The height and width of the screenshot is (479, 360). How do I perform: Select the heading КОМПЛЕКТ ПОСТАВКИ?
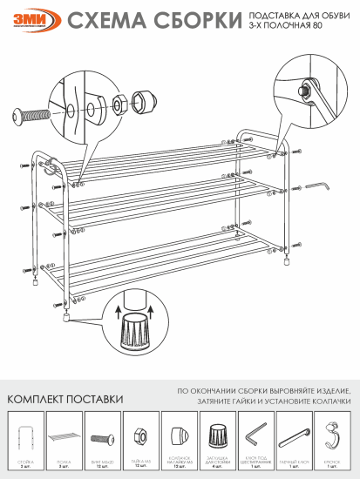coord(65,398)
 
